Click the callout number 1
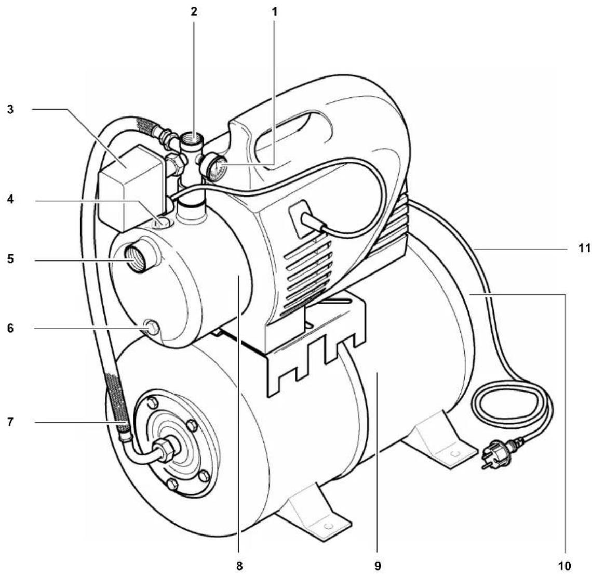[275, 10]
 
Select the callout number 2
[194, 10]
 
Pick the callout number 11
[585, 249]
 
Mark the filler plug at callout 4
[162, 222]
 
